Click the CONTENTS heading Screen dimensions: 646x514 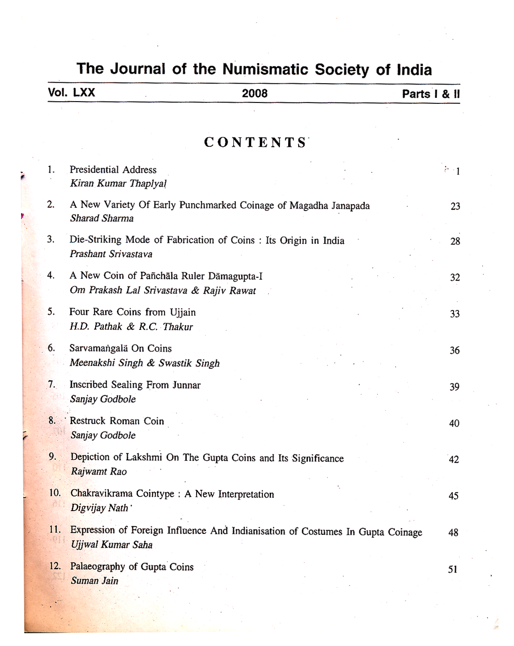[255, 142]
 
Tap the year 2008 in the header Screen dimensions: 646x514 [255, 94]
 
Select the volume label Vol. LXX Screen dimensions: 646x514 [71, 93]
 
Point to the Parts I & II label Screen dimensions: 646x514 [431, 94]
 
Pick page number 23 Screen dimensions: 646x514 [455, 206]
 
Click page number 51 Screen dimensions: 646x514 [453, 570]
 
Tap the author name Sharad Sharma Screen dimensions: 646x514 [102, 218]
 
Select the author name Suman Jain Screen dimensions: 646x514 [94, 581]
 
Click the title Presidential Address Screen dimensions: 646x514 [113, 170]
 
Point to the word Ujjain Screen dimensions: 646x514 [182, 312]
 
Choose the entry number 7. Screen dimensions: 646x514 [52, 384]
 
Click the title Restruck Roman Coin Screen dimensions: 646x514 [117, 421]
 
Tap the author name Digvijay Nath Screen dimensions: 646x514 [100, 508]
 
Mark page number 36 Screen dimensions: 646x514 [455, 350]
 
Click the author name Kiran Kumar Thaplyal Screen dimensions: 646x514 [118, 184]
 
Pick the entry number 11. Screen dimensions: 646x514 [55, 530]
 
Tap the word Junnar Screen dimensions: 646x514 [186, 385]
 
